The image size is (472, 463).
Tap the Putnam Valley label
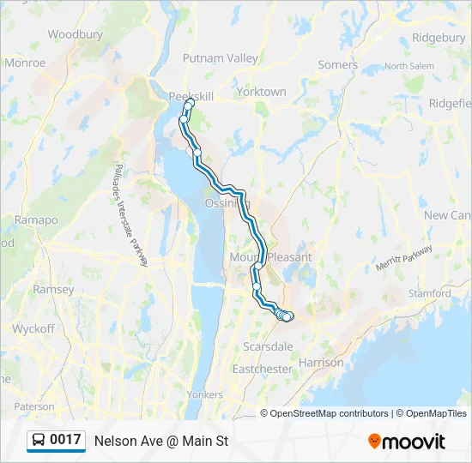point(220,58)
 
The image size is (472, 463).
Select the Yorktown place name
point(261,92)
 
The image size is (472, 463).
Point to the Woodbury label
point(76,35)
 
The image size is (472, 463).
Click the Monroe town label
point(25,63)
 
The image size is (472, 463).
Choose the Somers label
point(337,64)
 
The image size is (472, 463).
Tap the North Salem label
point(409,66)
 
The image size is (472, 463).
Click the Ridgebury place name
point(439,38)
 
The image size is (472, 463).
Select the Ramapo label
point(36,220)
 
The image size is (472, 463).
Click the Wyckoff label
point(33,328)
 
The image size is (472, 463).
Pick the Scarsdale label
point(269,346)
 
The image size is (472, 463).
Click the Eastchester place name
point(263,369)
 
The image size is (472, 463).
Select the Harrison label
point(322,363)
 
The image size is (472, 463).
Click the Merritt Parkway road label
point(403,259)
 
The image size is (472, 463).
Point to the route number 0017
point(65,440)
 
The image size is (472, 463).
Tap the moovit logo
point(407,442)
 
